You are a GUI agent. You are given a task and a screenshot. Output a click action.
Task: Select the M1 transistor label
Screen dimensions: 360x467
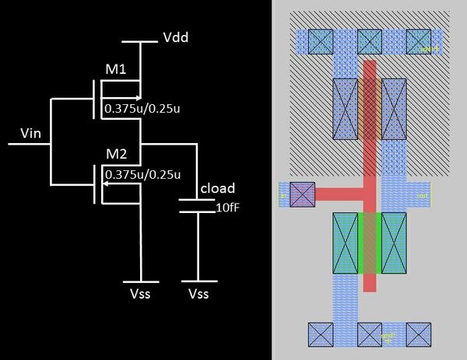115,71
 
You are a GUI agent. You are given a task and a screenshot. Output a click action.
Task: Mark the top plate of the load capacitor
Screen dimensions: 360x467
196,200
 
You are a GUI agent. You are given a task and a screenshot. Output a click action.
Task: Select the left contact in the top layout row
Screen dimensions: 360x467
320,40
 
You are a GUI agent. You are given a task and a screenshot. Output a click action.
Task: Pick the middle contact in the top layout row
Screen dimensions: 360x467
369,40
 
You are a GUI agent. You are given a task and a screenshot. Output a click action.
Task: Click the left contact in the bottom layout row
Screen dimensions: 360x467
320,334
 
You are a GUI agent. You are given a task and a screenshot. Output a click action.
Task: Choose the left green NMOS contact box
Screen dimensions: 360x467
346,243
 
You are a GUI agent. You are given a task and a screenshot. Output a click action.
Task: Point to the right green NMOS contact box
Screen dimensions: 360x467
394,243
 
